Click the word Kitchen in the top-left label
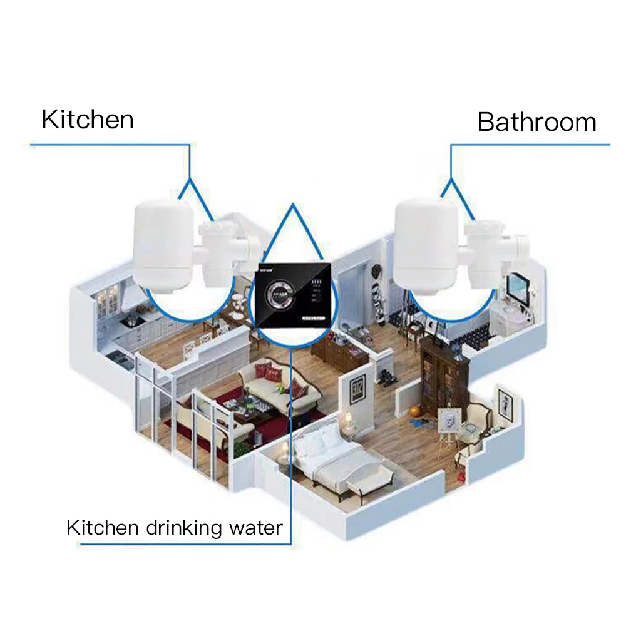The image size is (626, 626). click(88, 119)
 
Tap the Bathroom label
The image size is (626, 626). click(536, 122)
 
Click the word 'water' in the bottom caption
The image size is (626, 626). click(257, 527)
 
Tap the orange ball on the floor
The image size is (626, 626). click(416, 411)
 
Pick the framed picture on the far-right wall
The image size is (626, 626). click(505, 401)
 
